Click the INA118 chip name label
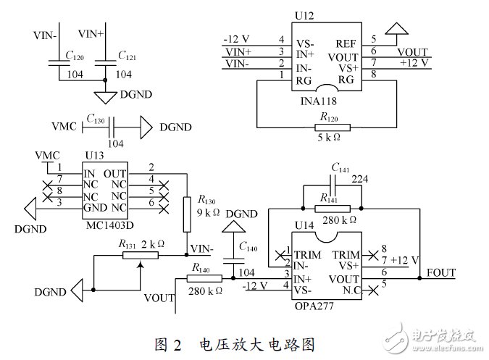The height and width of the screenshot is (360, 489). click(319, 101)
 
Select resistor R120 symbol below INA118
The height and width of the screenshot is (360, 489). click(333, 127)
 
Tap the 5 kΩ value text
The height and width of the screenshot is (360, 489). click(329, 138)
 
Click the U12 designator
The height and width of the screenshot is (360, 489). click(304, 16)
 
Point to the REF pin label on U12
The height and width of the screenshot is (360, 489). click(346, 44)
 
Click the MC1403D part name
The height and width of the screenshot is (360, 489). click(110, 225)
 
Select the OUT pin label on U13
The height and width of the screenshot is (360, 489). click(114, 174)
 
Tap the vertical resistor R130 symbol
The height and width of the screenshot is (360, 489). click(187, 214)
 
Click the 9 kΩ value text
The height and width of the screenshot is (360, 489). click(208, 212)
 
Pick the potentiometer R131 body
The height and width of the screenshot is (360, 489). click(141, 256)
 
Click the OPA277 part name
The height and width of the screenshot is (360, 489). click(314, 306)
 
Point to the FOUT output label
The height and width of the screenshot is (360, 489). click(440, 273)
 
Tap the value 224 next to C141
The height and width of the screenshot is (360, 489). click(360, 179)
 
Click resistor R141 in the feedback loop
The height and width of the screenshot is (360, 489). click(333, 209)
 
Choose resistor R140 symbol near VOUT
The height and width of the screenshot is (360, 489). click(204, 278)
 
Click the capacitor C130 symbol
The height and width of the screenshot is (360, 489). click(112, 127)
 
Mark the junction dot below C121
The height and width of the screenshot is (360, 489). click(105, 80)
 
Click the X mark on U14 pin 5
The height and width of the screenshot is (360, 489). click(373, 290)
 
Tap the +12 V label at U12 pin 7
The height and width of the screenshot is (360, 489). click(414, 63)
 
